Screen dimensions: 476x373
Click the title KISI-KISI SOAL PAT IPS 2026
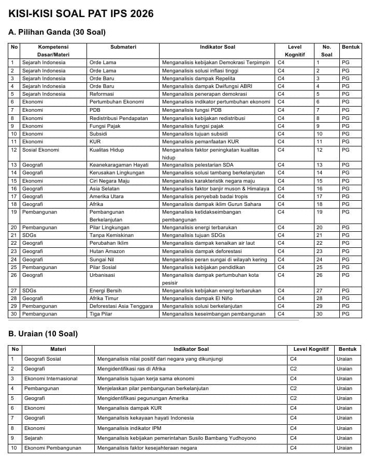click(x=81, y=14)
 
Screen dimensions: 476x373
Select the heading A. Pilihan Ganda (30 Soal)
click(x=57, y=32)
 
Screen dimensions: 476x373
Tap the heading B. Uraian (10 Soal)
click(x=43, y=334)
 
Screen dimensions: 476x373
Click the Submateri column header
click(x=123, y=47)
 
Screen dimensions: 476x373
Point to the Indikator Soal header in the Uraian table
click(x=191, y=349)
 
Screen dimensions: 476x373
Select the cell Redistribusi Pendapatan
click(x=119, y=118)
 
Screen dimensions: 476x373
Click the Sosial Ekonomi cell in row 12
click(x=40, y=150)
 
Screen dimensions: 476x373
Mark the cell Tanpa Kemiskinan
click(x=111, y=235)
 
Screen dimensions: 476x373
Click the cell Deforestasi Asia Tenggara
click(x=121, y=306)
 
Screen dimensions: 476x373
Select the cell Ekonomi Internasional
click(x=51, y=379)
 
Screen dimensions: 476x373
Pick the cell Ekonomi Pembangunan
click(x=53, y=448)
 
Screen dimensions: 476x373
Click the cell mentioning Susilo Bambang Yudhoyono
click(x=176, y=438)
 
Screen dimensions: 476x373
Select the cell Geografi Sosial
click(x=42, y=359)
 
